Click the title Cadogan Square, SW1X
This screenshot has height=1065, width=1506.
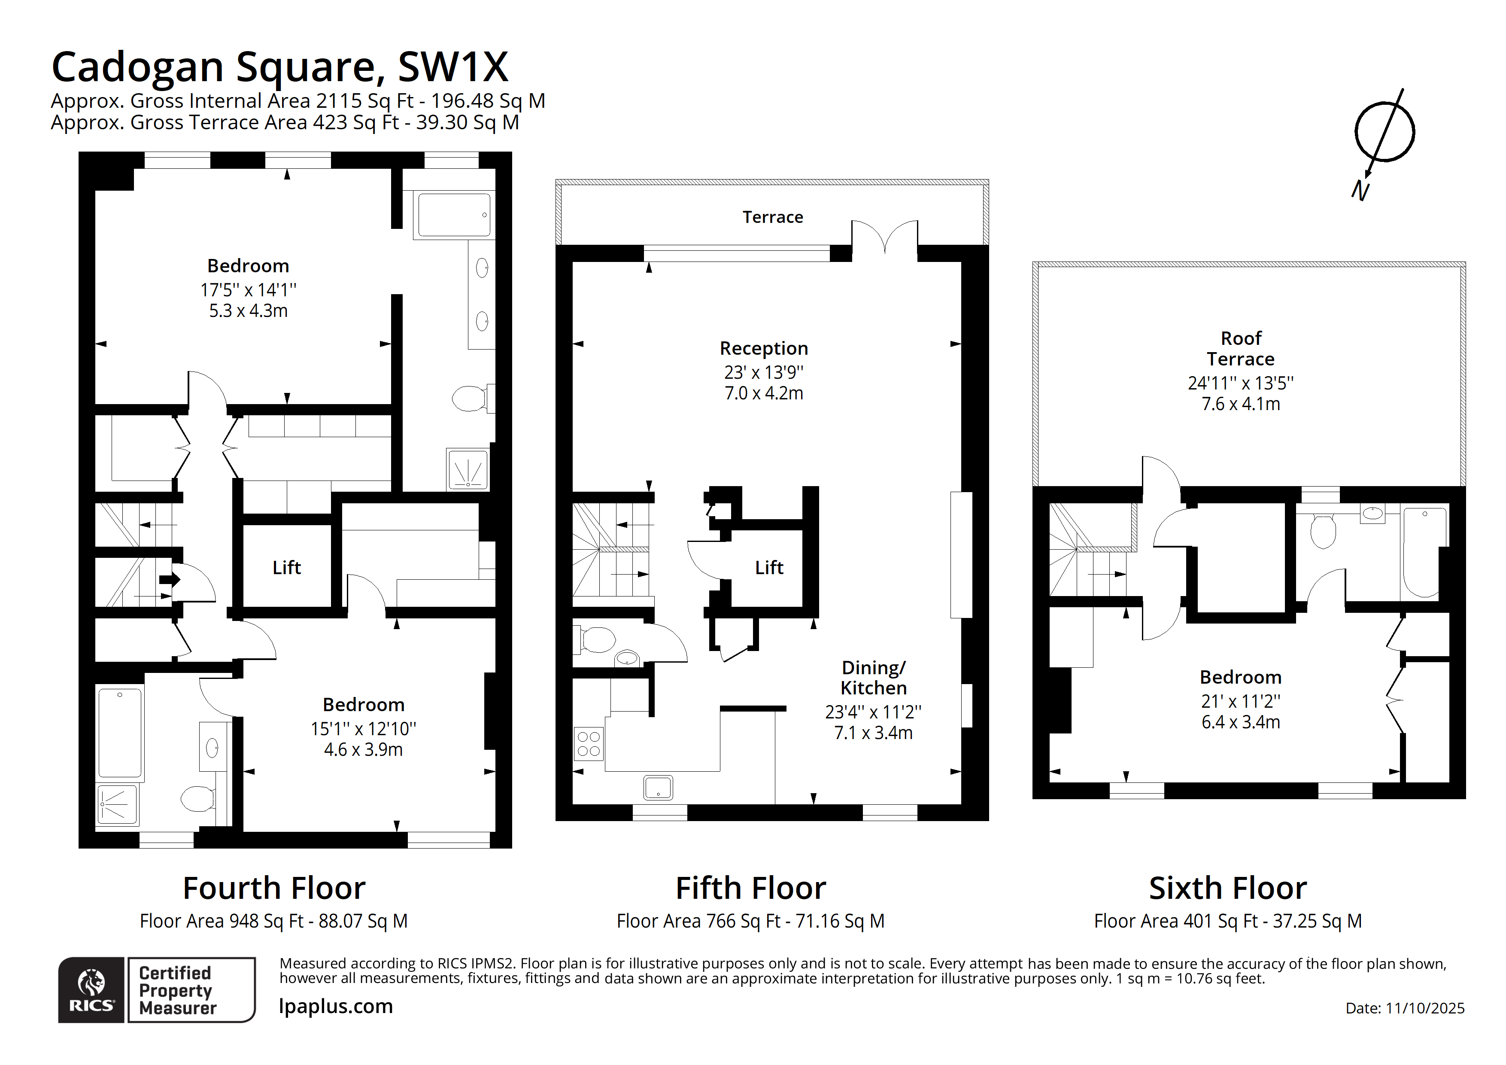coord(279,67)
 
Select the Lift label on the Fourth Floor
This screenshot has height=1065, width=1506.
coord(287,568)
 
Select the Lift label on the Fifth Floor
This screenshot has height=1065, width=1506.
coord(769,568)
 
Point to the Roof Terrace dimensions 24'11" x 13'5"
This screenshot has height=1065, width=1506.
coord(1240,383)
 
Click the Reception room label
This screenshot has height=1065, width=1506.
coord(763,348)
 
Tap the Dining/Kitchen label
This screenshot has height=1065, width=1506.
coord(873,678)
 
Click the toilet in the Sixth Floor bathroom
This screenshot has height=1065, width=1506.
coord(1322,530)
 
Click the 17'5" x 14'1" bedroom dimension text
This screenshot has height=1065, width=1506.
coord(248,290)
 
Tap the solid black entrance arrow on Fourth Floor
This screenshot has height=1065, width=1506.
coord(169,579)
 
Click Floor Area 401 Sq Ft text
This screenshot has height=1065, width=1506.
coord(1227,921)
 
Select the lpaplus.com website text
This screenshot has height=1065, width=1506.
coord(336,1007)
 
